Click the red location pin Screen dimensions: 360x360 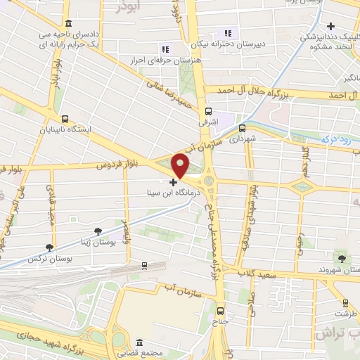tap(180, 165)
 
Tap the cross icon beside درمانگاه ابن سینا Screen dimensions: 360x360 tap(174, 182)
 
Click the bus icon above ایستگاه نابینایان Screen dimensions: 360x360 tap(65, 119)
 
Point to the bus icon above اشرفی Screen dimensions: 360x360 tap(208, 110)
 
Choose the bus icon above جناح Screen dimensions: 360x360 tap(219, 311)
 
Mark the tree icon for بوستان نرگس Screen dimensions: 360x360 tap(49, 247)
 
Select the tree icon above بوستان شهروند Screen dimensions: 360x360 tap(342, 258)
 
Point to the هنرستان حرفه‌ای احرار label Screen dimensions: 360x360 tap(158, 60)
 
